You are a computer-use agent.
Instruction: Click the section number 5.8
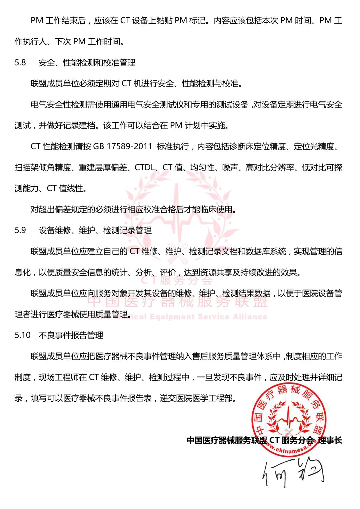click(20, 63)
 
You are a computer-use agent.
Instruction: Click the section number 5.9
click(20, 230)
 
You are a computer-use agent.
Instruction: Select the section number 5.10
click(22, 335)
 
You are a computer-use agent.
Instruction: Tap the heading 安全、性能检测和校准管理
click(87, 63)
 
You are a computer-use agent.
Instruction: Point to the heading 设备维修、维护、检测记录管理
click(95, 230)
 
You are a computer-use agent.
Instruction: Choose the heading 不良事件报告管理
click(71, 335)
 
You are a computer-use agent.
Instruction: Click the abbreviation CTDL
click(145, 168)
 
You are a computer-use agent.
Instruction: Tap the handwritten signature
click(293, 473)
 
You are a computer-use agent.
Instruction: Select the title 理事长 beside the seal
click(330, 440)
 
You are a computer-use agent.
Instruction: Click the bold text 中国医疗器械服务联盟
click(227, 440)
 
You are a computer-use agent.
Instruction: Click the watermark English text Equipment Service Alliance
click(208, 317)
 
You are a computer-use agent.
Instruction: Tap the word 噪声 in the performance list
click(230, 168)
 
